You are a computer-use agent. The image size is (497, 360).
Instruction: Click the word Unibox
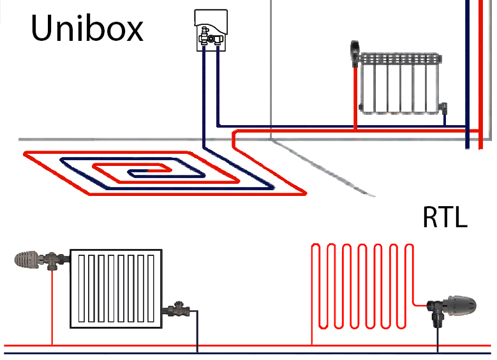coord(87,29)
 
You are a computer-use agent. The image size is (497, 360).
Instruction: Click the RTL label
coord(445,218)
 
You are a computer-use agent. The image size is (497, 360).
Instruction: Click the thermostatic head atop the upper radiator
coord(355,51)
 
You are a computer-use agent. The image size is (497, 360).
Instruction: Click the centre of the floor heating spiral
coord(138,172)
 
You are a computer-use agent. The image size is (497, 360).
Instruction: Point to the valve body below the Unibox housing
coord(210,40)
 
